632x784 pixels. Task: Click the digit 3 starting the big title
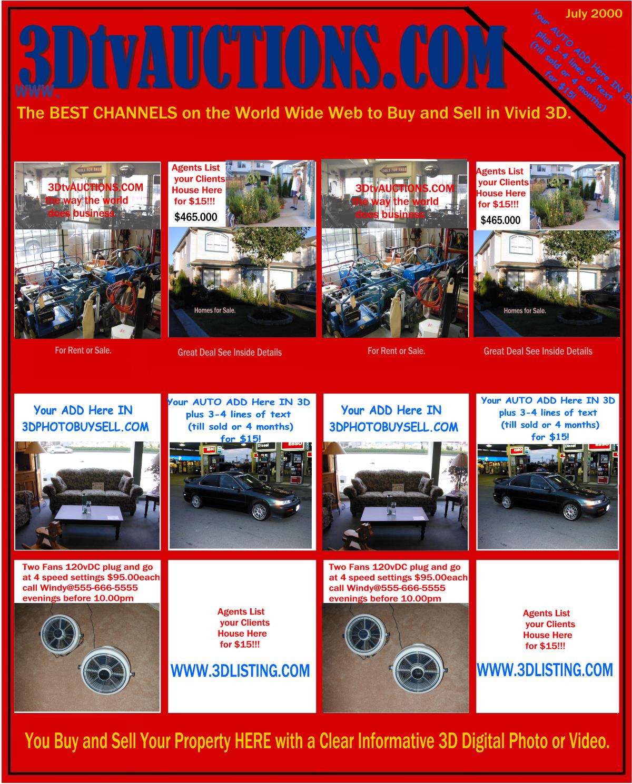tap(34, 58)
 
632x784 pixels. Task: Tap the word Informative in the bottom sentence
tap(394, 741)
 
